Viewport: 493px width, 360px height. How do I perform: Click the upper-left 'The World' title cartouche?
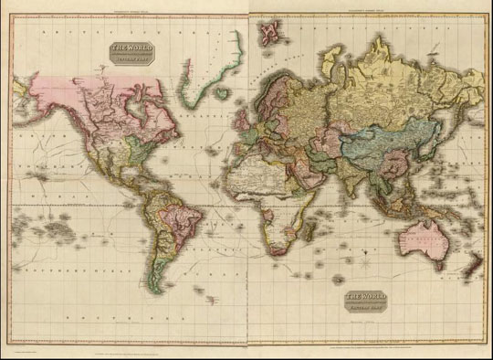(x=132, y=55)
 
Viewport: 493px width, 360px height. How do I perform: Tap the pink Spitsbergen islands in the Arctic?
(x=270, y=33)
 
